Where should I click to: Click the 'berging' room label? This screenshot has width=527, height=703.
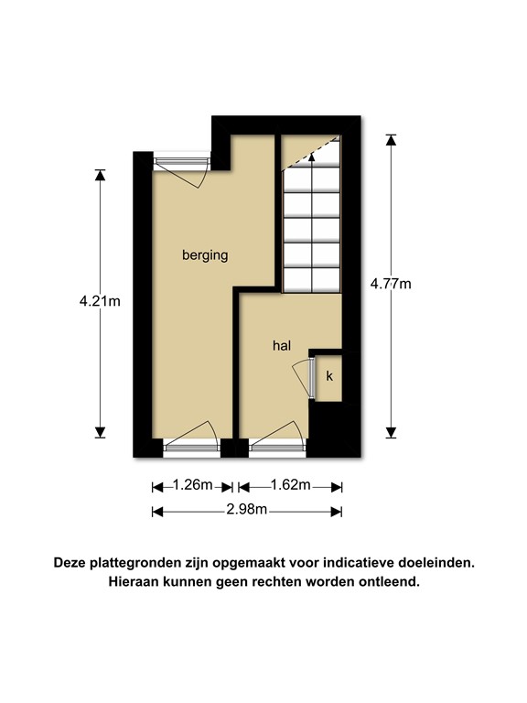coord(204,256)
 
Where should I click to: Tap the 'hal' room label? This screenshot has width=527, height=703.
coord(281,346)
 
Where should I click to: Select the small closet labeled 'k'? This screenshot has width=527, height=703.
coord(329,376)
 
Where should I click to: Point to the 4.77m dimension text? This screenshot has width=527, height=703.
coord(391,284)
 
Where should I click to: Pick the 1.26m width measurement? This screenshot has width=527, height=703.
coord(193,485)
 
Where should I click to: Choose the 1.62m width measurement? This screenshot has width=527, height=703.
coord(290,485)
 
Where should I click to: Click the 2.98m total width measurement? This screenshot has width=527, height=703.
coord(246,510)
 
